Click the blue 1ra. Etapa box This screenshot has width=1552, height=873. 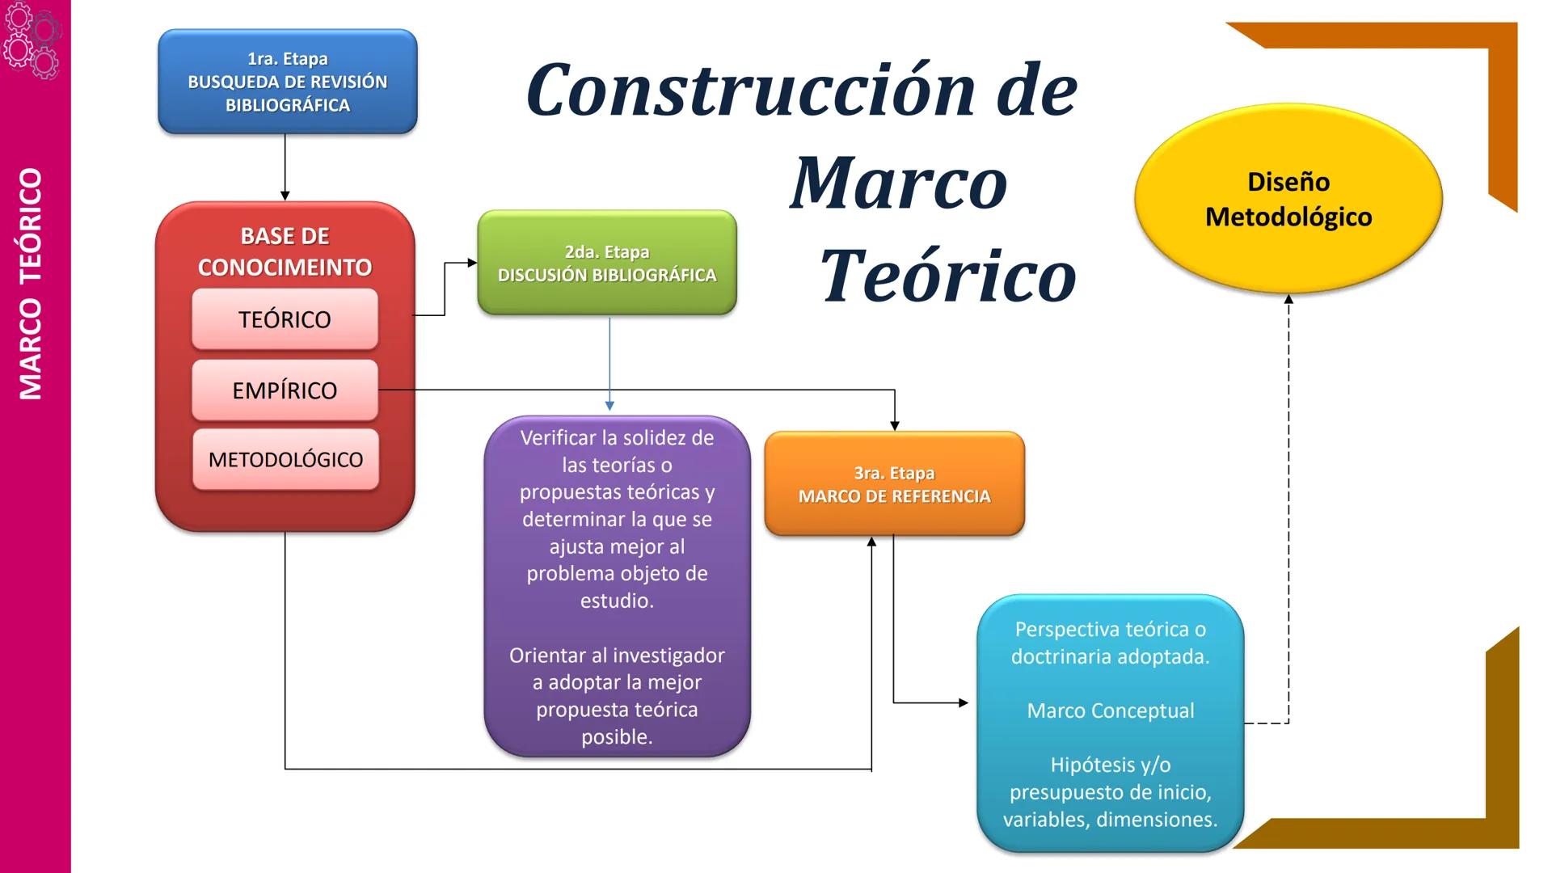(x=287, y=82)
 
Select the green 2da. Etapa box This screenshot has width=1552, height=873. (x=606, y=263)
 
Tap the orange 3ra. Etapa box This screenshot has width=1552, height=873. (x=894, y=483)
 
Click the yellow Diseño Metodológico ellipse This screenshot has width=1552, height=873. (x=1288, y=199)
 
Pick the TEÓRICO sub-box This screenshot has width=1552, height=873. (x=285, y=319)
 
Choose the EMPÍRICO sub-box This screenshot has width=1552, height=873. (x=285, y=390)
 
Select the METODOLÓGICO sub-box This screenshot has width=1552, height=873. (x=285, y=459)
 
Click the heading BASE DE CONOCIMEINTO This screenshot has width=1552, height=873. (x=285, y=251)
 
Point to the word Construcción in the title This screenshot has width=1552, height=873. (x=751, y=91)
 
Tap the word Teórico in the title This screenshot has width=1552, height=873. (x=948, y=276)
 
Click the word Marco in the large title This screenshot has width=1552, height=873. (x=898, y=183)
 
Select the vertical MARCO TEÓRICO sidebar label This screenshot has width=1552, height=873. (x=31, y=283)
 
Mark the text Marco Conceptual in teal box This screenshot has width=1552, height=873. (x=1110, y=711)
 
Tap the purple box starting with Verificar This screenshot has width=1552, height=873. (x=617, y=586)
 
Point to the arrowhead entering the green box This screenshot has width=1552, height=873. (x=472, y=263)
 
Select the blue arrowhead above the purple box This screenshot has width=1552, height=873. (x=609, y=405)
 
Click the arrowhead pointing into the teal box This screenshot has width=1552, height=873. (x=963, y=702)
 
